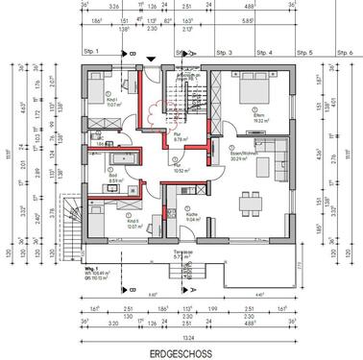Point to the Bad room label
(114, 179)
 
